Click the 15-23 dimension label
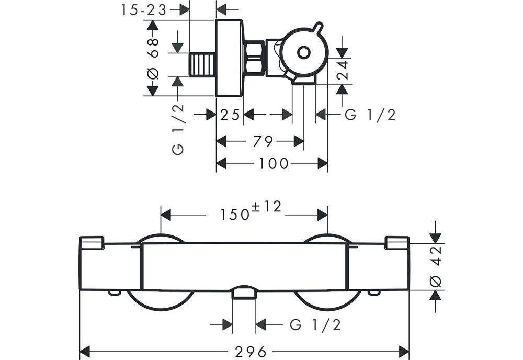tap(143, 10)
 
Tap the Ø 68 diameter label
tap(153, 59)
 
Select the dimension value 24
tap(343, 70)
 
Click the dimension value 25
tap(230, 115)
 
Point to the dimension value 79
tap(263, 141)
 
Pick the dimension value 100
tap(274, 163)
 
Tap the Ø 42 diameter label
tap(436, 267)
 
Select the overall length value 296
tap(251, 352)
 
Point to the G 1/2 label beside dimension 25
tap(370, 115)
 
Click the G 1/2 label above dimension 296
tap(315, 324)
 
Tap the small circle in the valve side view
tap(303, 53)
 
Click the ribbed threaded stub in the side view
tap(202, 64)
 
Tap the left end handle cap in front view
tap(92, 243)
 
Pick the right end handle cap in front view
tap(397, 243)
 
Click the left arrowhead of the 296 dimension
tap(85, 351)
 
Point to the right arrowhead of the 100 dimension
tap(323, 163)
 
